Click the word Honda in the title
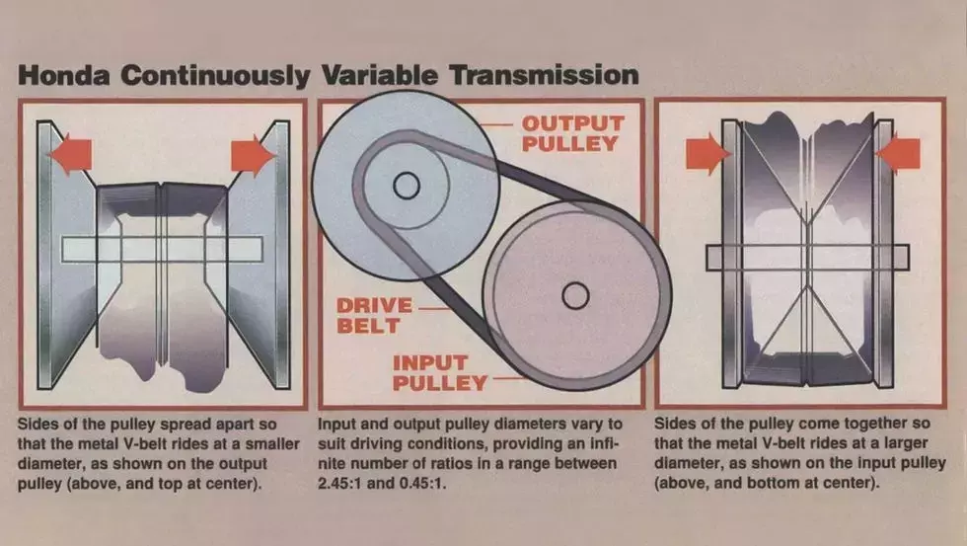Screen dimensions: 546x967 (x=66, y=77)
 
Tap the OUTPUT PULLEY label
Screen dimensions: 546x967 (x=572, y=133)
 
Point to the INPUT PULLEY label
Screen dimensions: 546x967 (x=440, y=372)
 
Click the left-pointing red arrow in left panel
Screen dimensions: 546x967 (x=69, y=154)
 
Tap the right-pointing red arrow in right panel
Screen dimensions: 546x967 (x=707, y=154)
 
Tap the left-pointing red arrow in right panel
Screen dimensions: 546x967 (x=898, y=154)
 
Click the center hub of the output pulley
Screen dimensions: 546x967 (x=406, y=185)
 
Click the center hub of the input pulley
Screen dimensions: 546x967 (x=575, y=294)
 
